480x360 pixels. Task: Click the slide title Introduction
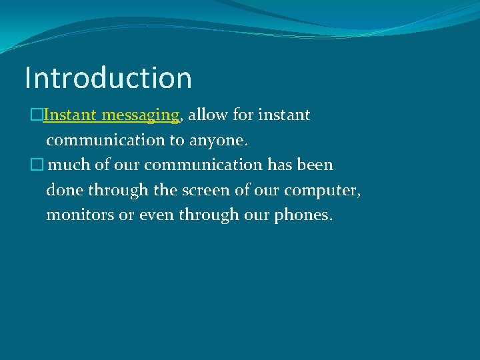[108, 77]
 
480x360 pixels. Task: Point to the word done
[63, 190]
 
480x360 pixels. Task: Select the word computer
[322, 191]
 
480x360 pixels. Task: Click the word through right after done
[117, 190]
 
